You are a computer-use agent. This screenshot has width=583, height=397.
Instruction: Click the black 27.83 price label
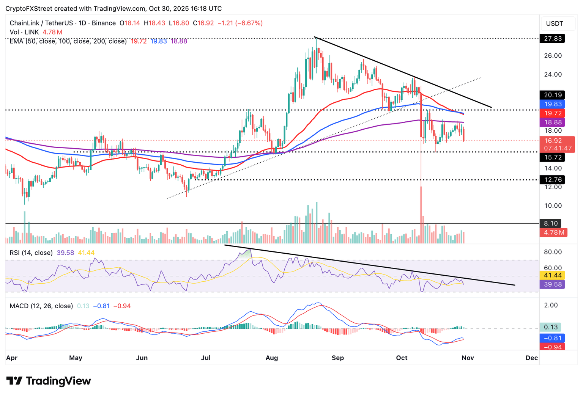coord(552,39)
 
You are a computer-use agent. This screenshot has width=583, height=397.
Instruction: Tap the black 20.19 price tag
coord(552,95)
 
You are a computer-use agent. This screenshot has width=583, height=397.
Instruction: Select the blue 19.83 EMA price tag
coord(552,104)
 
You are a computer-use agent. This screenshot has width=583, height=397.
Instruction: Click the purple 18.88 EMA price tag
coord(552,122)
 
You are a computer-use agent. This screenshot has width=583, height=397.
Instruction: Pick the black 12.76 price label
coord(552,180)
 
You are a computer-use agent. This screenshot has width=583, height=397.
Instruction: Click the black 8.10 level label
coord(551,224)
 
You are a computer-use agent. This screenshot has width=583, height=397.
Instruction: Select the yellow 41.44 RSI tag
coord(552,275)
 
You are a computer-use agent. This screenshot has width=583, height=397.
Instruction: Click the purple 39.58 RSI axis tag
coord(552,284)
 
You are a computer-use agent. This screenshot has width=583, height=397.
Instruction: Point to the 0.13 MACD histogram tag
coord(550,327)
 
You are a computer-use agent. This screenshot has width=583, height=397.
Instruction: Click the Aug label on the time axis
coord(272,358)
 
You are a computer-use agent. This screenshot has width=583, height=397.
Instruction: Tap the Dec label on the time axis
coord(532,358)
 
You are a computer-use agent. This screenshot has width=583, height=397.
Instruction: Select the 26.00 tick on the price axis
coord(553,56)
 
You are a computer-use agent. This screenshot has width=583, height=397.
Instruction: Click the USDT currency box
coord(555,24)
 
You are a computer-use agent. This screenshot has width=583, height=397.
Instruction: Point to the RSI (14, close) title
coord(31,253)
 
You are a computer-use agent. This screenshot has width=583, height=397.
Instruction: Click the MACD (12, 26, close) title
coord(41,306)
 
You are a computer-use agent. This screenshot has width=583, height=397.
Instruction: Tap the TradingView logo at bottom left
coord(49,381)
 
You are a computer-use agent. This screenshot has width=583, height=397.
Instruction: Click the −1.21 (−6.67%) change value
coord(240,23)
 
